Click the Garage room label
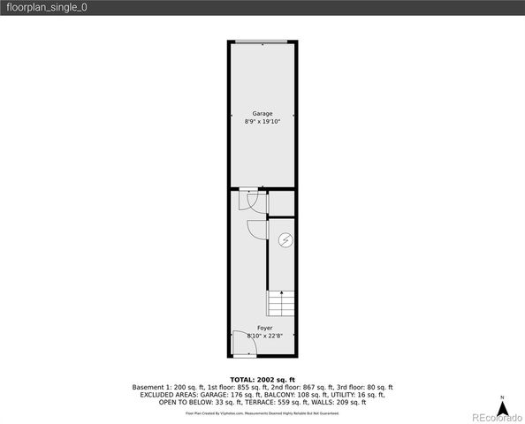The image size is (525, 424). [262, 114]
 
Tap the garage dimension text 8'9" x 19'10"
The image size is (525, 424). [262, 122]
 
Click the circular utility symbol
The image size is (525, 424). [285, 239]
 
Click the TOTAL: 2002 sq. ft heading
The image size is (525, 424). [262, 378]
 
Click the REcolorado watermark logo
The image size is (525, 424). [496, 416]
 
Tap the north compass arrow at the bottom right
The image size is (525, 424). [501, 407]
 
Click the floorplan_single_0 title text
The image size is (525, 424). [47, 7]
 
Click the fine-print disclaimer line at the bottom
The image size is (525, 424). [262, 413]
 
